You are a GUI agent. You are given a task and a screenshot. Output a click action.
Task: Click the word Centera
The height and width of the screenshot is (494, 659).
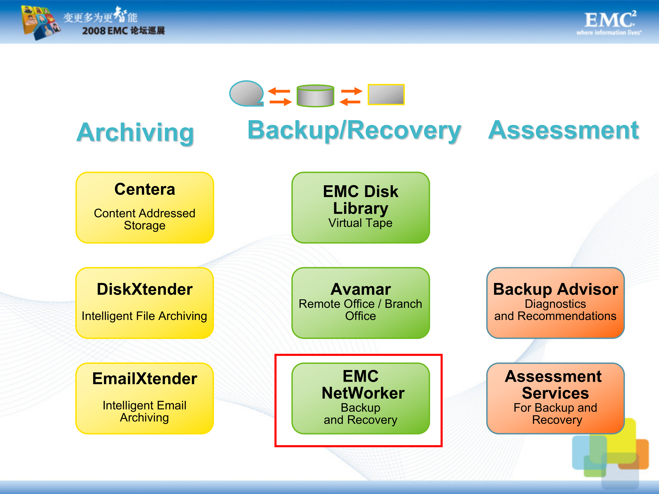pyautogui.click(x=145, y=189)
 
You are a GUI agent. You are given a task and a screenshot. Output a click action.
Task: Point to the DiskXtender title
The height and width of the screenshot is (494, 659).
pyautogui.click(x=145, y=289)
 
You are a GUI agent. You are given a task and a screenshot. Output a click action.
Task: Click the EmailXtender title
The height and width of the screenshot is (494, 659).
pyautogui.click(x=145, y=379)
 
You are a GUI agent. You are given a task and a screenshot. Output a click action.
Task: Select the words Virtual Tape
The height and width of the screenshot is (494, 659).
pyautogui.click(x=360, y=223)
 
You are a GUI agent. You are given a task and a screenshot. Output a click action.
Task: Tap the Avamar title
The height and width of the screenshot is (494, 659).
pyautogui.click(x=360, y=289)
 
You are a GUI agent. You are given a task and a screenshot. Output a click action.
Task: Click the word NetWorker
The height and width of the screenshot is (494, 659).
pyautogui.click(x=363, y=393)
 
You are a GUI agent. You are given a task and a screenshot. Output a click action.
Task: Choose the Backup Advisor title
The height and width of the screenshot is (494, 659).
pyautogui.click(x=555, y=289)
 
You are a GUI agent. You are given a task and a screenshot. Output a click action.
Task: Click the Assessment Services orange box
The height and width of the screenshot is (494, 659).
pyautogui.click(x=555, y=398)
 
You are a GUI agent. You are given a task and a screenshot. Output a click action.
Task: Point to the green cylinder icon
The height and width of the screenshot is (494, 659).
pyautogui.click(x=315, y=96)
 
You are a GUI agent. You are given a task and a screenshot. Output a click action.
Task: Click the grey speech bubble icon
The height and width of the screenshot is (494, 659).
pyautogui.click(x=246, y=93)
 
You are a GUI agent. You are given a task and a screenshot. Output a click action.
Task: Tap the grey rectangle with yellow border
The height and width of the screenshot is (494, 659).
pyautogui.click(x=386, y=94)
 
